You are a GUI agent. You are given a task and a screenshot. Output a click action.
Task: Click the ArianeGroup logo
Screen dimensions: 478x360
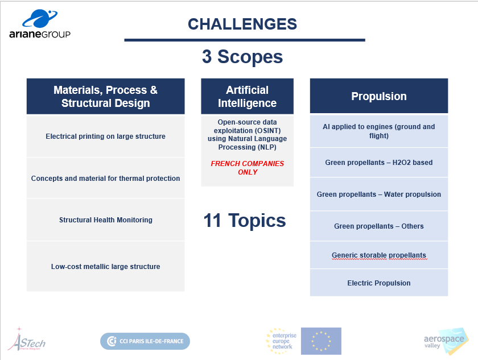[40, 24]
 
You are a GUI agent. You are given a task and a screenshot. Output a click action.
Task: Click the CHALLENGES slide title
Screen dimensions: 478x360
[242, 24]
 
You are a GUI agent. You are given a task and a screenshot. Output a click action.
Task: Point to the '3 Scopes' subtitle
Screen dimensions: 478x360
[242, 57]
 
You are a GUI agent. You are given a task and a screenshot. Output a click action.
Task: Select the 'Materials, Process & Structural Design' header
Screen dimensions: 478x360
[105, 96]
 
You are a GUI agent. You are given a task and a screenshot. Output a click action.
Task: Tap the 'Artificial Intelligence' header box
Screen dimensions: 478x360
[247, 96]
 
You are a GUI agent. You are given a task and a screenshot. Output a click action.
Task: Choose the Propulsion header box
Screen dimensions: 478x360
[379, 96]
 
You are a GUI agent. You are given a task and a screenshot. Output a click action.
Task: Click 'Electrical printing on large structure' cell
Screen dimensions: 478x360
[105, 136]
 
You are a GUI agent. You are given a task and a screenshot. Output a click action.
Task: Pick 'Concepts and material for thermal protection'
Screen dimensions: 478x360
[105, 178]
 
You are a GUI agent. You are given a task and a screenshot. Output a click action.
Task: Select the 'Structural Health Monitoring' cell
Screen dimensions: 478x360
[105, 220]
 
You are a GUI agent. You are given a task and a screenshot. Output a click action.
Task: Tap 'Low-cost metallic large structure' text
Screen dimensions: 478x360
[105, 267]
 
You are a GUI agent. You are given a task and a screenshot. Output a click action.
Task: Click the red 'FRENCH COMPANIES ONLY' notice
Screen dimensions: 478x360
[247, 168]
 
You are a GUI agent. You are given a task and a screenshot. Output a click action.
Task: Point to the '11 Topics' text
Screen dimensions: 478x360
[245, 221]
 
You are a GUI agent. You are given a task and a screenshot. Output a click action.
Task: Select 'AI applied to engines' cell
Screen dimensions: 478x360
[379, 131]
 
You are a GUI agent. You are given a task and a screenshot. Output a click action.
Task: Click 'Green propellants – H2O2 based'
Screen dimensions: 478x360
[379, 163]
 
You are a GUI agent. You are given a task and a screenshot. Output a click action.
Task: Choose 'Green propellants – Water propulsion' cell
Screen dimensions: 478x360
[379, 195]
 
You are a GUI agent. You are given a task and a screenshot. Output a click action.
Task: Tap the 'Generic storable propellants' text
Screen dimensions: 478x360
[379, 255]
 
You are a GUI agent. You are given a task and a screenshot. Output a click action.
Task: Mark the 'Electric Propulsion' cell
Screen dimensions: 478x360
[379, 283]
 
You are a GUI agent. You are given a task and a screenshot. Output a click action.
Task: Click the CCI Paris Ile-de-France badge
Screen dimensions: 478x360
[145, 341]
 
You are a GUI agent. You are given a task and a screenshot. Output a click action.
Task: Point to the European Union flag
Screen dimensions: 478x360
[321, 341]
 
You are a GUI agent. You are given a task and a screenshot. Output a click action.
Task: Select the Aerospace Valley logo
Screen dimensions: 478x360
[446, 341]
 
